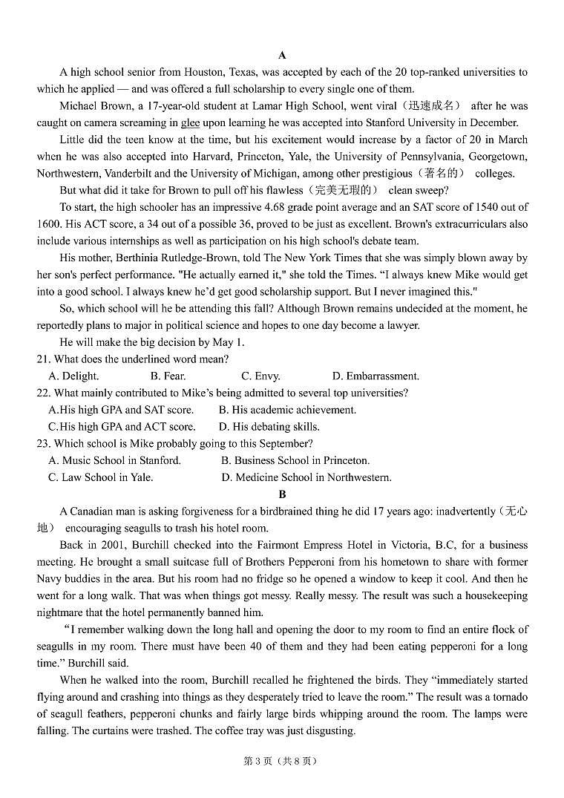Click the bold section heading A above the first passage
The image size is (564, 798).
click(282, 55)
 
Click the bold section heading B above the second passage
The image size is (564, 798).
click(282, 494)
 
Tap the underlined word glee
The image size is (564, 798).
click(190, 123)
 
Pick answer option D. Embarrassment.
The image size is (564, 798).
click(376, 376)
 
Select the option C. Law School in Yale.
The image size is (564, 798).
click(100, 477)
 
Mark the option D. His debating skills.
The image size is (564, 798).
click(269, 427)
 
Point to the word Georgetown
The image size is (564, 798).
click(499, 157)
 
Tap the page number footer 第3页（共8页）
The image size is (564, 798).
click(281, 760)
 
